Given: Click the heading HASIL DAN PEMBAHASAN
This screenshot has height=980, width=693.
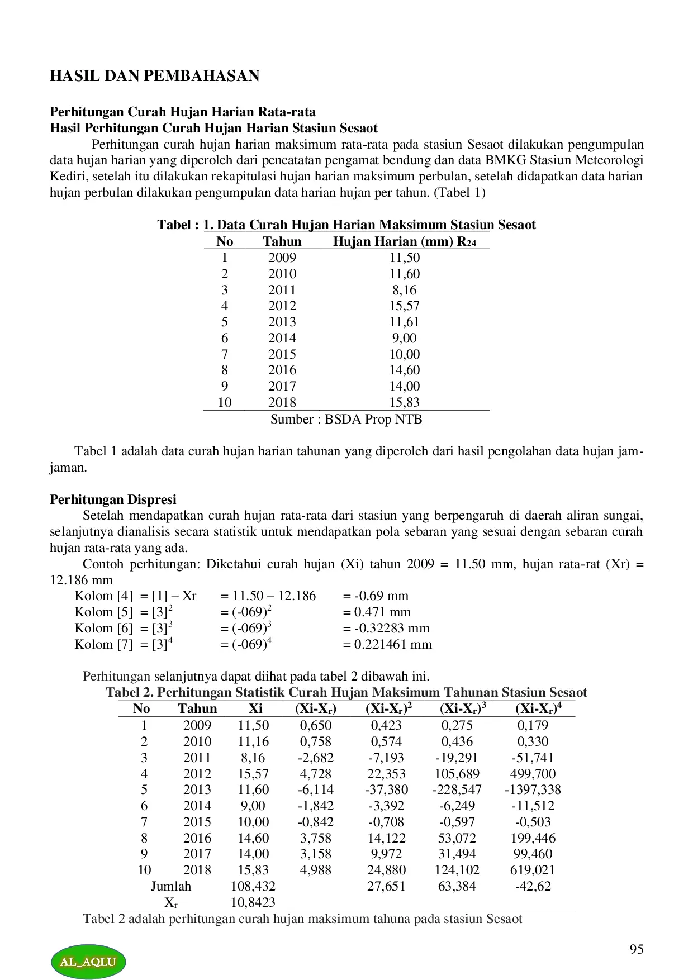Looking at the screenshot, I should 154,76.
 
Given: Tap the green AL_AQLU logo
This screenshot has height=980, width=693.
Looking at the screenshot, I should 88,962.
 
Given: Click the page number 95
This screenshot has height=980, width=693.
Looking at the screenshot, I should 636,949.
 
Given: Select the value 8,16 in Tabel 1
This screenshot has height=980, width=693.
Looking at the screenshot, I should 404,290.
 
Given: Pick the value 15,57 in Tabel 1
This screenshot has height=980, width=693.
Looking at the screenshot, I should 404,306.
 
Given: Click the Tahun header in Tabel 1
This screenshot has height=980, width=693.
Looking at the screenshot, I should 282,241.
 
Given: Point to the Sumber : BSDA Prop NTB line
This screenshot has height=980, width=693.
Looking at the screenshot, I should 346,419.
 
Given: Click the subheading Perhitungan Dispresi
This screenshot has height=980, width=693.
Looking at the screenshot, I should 113,499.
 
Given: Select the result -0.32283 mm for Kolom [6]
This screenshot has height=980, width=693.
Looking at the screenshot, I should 386,628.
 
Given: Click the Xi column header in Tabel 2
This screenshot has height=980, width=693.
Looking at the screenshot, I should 255,708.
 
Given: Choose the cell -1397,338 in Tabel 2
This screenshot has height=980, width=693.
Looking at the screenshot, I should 533,789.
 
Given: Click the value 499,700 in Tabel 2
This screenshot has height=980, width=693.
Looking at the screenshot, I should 533,774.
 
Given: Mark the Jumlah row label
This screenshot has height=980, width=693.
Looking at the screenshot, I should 170,886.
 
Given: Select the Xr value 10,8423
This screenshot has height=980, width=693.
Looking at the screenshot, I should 253,902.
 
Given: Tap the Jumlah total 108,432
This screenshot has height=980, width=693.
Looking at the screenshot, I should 253,886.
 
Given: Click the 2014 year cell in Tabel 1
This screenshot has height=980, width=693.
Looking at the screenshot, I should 282,338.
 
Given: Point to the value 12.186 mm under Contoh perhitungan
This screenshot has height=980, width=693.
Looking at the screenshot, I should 81,580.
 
